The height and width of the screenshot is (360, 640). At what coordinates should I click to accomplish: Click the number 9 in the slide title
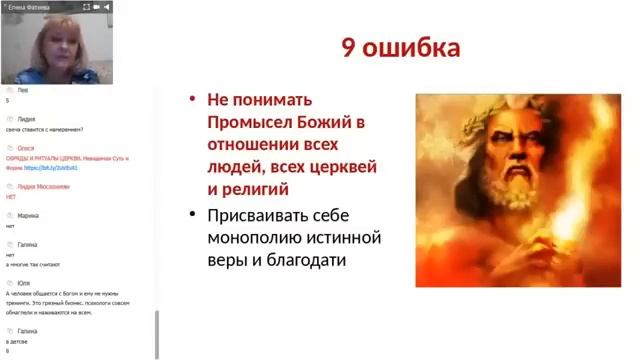[352, 49]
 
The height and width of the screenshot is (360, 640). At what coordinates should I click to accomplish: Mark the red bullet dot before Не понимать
[194, 100]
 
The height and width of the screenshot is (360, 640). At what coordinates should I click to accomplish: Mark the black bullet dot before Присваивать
[194, 216]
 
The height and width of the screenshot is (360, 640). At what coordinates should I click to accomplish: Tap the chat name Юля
[23, 283]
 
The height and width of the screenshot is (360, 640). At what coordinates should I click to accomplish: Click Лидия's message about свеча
[44, 129]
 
